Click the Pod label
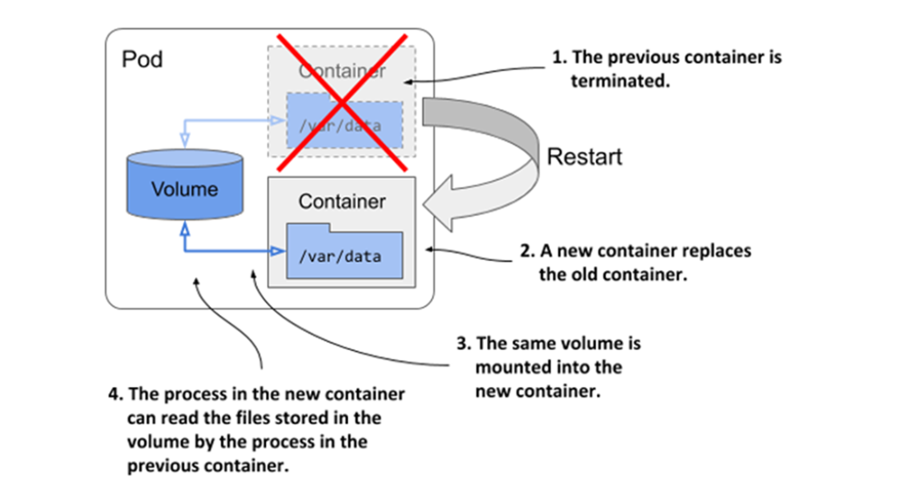(143, 59)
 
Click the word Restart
(584, 157)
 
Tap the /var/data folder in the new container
(339, 253)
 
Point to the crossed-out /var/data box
(344, 127)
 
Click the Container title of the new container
(342, 202)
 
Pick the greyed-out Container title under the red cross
(343, 71)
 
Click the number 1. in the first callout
(559, 59)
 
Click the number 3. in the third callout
(463, 344)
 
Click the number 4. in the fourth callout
(116, 394)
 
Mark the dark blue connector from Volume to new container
(225, 250)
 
